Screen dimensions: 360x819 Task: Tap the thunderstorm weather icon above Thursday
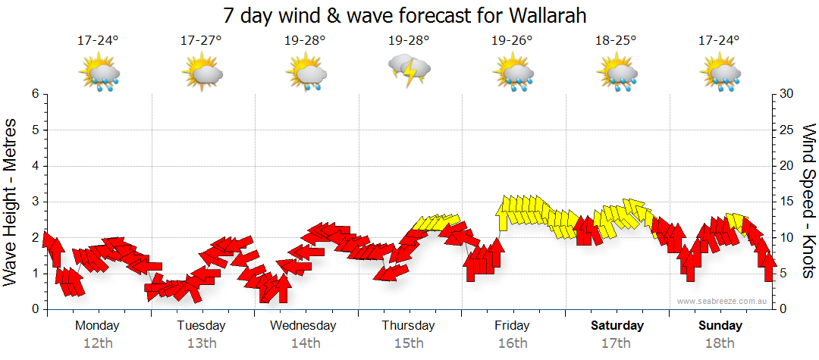pos(409,70)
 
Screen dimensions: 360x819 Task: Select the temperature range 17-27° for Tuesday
pos(201,40)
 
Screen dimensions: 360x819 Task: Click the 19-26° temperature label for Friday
pos(512,40)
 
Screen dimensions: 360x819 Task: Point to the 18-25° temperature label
pos(616,40)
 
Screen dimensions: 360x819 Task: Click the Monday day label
pos(97,326)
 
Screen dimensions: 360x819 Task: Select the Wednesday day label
pos(304,326)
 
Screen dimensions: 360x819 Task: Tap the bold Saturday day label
pos(617,326)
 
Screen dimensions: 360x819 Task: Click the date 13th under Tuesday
pos(201,343)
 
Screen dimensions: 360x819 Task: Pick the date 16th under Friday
pos(512,343)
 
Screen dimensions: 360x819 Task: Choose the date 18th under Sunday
pos(720,343)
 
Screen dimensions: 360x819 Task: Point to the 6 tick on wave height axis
pos(35,94)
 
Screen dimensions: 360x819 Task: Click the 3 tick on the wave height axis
pos(35,202)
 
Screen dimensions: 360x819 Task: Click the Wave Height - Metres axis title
pos(11,202)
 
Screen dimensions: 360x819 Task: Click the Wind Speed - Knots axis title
pos(808,202)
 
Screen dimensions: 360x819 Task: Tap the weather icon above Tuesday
pos(202,73)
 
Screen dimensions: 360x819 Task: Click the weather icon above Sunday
pos(720,73)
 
